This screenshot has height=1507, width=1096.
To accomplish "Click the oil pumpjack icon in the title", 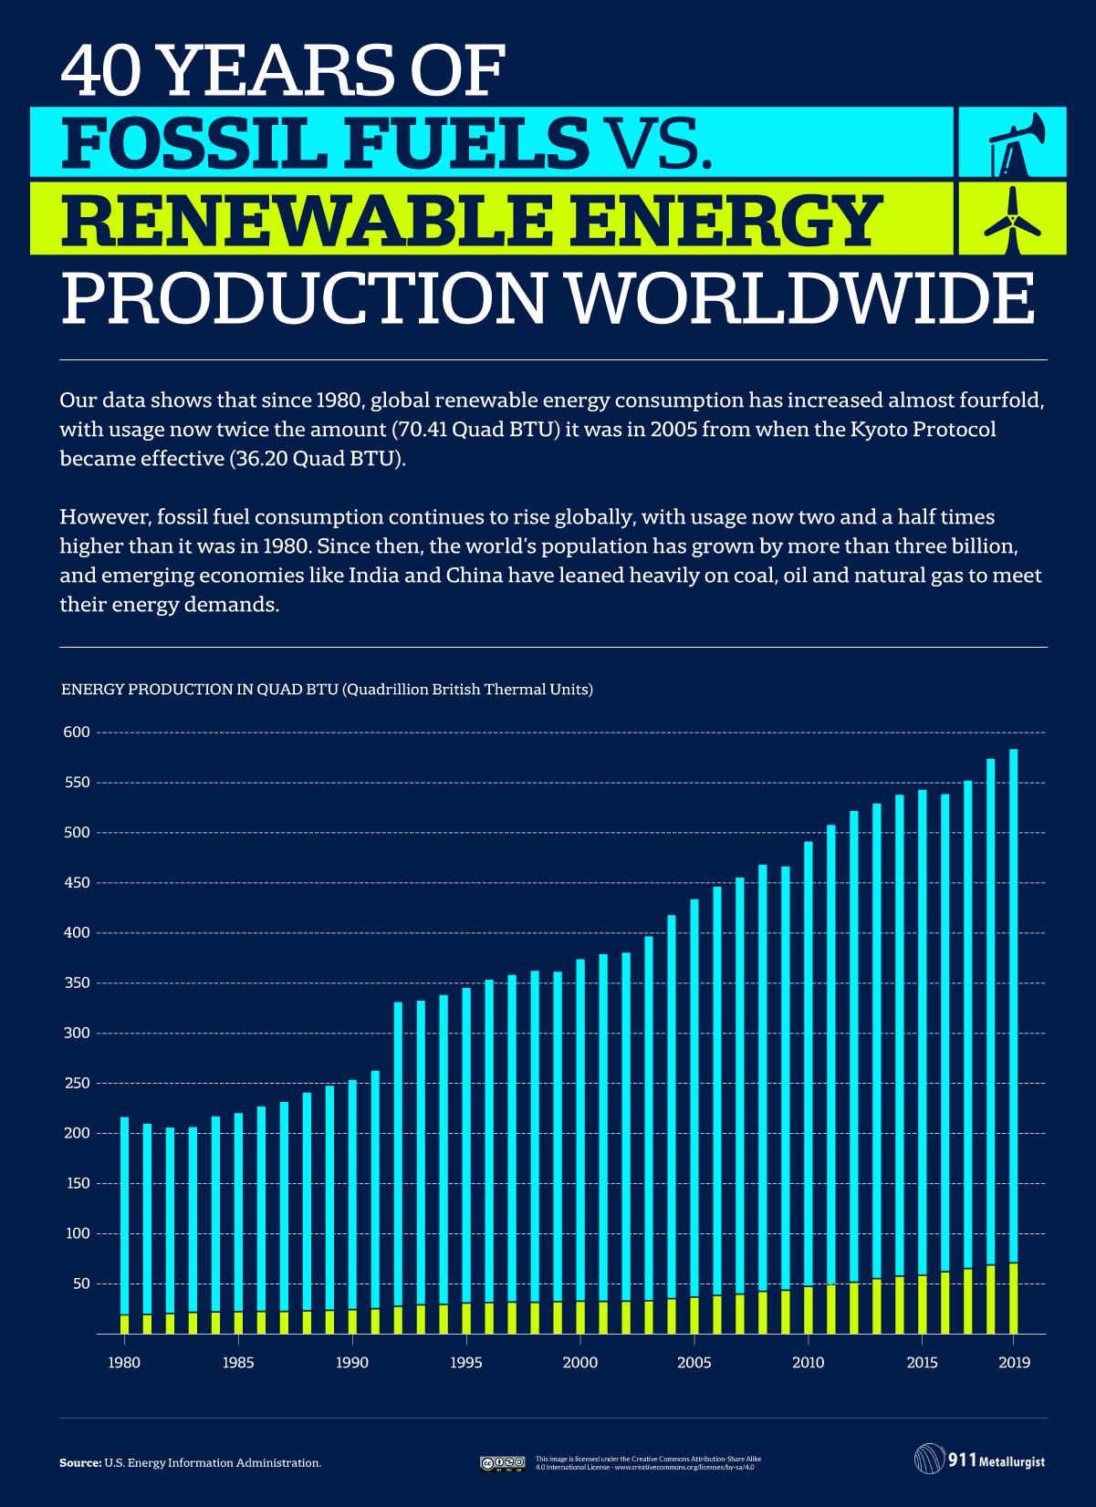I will (x=1012, y=144).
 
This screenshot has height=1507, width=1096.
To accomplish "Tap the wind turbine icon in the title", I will (x=1012, y=220).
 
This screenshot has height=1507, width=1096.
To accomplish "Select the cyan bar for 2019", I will (x=1013, y=1003).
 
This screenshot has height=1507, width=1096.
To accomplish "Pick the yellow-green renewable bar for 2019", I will (x=1013, y=1298).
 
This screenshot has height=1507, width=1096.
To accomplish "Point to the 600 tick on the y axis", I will (x=77, y=733).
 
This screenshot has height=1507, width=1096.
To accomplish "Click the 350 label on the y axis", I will (x=77, y=983).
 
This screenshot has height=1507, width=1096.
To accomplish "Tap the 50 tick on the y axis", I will (x=81, y=1284).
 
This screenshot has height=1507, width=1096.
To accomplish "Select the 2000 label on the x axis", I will (x=579, y=1363).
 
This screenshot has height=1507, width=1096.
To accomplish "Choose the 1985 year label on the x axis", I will (x=238, y=1363).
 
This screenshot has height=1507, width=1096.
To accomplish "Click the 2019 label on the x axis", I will (x=1014, y=1363).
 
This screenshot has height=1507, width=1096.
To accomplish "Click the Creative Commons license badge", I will (x=502, y=1463).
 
